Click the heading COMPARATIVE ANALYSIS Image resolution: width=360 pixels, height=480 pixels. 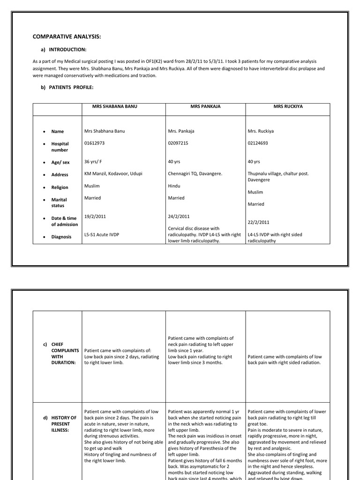(x=67, y=37)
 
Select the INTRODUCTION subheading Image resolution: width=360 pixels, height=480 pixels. (x=67, y=49)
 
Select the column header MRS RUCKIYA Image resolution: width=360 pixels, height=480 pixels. (x=288, y=106)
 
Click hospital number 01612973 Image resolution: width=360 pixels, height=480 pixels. (x=97, y=143)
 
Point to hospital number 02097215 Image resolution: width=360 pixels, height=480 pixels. (x=180, y=143)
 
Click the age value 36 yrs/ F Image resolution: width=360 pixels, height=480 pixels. (x=94, y=161)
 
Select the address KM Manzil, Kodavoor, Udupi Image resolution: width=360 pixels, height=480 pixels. (x=113, y=173)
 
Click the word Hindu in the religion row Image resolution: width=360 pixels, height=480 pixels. (x=174, y=186)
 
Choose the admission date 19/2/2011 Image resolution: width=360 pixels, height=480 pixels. (x=96, y=217)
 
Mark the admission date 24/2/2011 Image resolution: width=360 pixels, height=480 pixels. (x=179, y=217)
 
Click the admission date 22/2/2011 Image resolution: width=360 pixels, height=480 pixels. (x=259, y=222)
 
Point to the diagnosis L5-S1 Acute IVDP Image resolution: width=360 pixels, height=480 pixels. (x=102, y=234)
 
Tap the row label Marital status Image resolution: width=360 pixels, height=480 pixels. (x=59, y=202)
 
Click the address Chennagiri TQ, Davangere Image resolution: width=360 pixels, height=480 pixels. (x=195, y=173)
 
